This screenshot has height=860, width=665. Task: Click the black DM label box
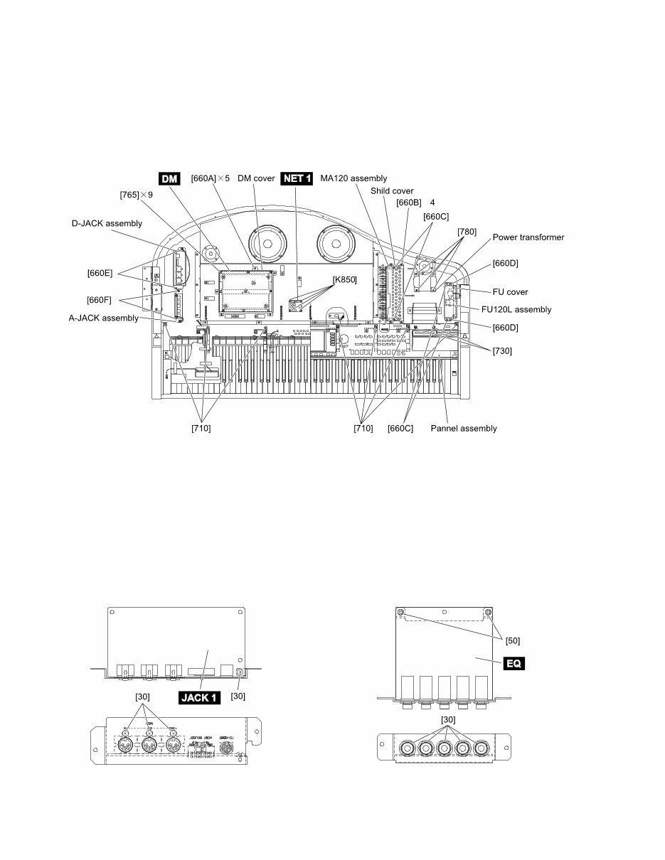click(169, 178)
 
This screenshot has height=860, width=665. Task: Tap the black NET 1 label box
click(297, 178)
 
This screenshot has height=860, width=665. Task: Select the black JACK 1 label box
click(199, 697)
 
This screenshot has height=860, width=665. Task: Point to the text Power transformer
click(528, 237)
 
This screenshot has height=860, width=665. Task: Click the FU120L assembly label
click(516, 309)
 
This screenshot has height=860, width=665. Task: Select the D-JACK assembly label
click(107, 223)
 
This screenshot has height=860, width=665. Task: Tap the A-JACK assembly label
click(104, 318)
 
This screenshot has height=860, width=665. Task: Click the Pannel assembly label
click(464, 428)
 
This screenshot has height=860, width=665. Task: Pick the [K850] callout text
click(344, 279)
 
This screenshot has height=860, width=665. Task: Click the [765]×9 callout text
click(136, 193)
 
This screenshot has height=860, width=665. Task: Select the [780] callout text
click(467, 232)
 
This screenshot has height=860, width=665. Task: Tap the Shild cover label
click(392, 190)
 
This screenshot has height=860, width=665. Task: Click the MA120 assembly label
click(353, 178)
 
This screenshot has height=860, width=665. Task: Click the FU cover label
click(510, 291)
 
